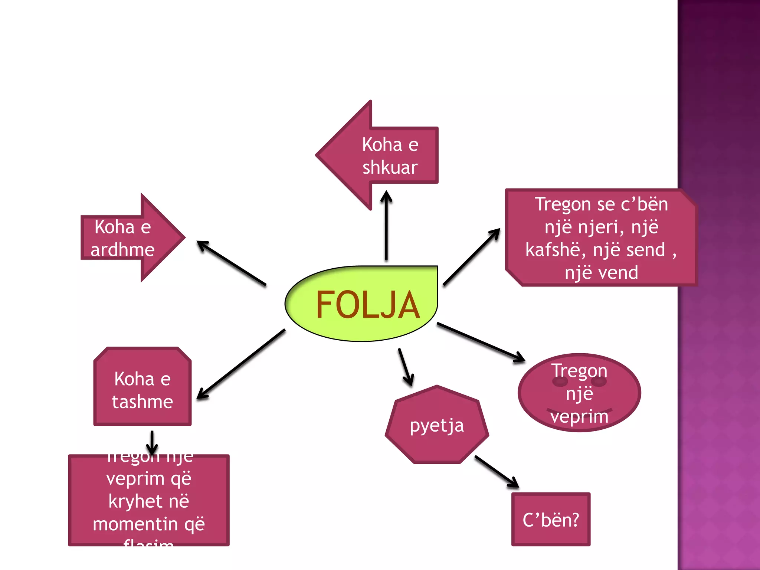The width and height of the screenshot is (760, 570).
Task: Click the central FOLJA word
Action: [x=367, y=305]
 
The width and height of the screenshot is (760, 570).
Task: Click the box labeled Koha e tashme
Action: [x=142, y=390]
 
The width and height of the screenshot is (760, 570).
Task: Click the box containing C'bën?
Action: [x=551, y=520]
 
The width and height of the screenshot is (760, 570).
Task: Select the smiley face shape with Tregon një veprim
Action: [x=579, y=393]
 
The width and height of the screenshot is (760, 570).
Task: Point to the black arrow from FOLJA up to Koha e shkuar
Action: [x=386, y=226]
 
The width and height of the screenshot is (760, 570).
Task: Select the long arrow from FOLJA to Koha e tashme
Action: [x=241, y=364]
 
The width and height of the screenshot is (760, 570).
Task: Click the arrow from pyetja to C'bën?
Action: [x=497, y=471]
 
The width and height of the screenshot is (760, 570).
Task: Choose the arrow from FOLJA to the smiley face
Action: [x=481, y=342]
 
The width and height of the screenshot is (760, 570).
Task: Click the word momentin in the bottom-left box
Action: [x=135, y=524]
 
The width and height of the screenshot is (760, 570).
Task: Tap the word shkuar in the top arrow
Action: [x=390, y=167]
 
